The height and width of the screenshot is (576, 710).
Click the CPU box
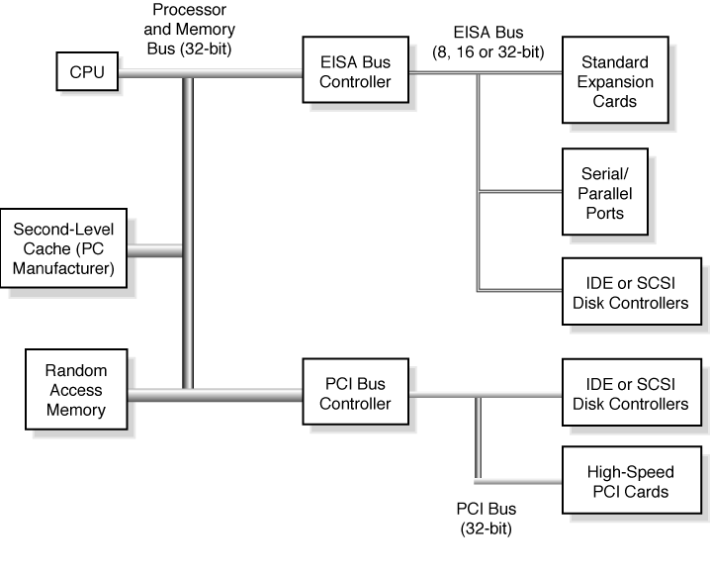coord(87,71)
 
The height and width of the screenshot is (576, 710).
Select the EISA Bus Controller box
coord(355,71)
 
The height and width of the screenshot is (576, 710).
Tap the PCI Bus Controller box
coord(355,394)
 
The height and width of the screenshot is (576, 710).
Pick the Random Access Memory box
coord(75,390)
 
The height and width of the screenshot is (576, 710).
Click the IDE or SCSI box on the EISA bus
coord(631,292)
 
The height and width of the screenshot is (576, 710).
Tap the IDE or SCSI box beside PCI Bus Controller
coord(631,394)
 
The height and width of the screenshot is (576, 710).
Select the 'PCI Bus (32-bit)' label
coord(486,519)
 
